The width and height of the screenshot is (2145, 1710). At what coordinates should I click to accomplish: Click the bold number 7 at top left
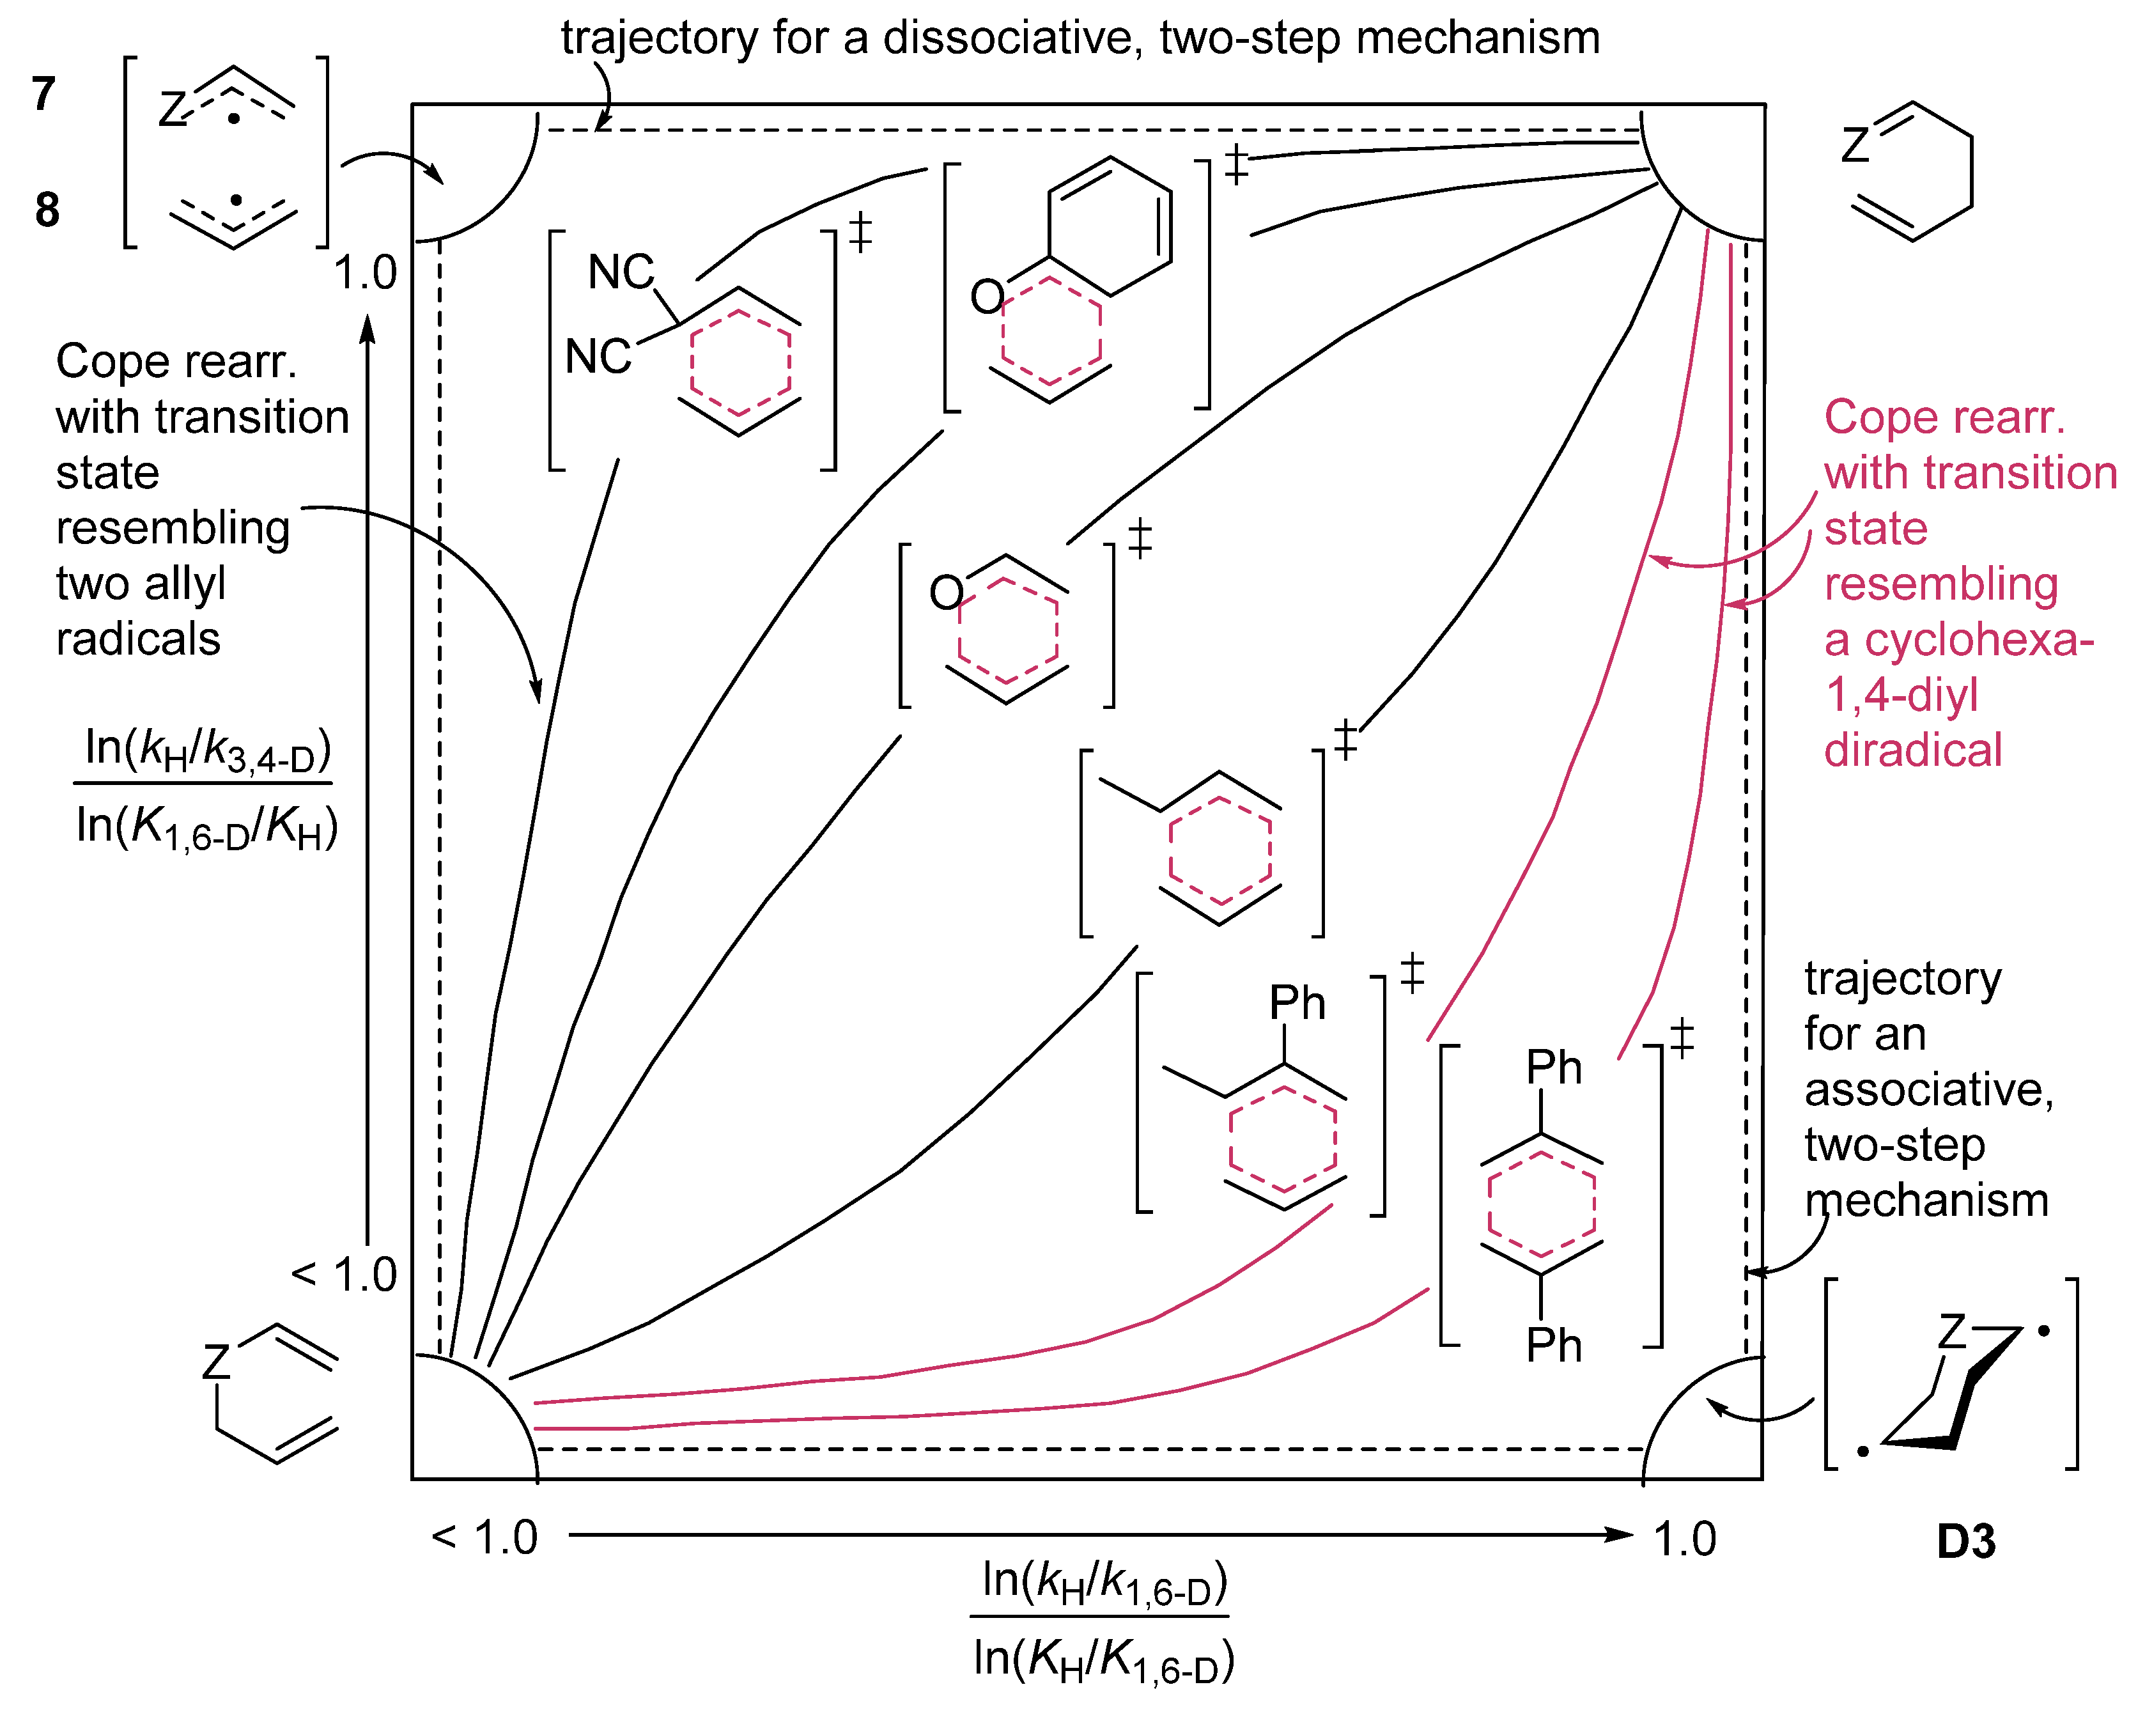pos(43,95)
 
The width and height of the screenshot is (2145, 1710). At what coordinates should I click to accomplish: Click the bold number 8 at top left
pos(47,210)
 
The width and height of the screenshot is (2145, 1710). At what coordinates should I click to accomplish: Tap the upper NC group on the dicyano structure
pos(620,272)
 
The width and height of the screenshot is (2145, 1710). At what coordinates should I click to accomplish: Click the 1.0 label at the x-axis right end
pos(1684,1539)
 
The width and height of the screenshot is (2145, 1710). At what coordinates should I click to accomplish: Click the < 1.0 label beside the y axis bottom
pos(345,1274)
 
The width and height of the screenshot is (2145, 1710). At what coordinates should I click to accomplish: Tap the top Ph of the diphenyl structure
pos(1553,1068)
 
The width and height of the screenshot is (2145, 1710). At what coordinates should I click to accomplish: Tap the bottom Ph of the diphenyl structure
pos(1553,1346)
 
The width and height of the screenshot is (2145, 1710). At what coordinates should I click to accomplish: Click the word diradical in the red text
pos(1912,750)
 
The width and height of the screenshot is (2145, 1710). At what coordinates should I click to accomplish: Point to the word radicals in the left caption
pos(138,639)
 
